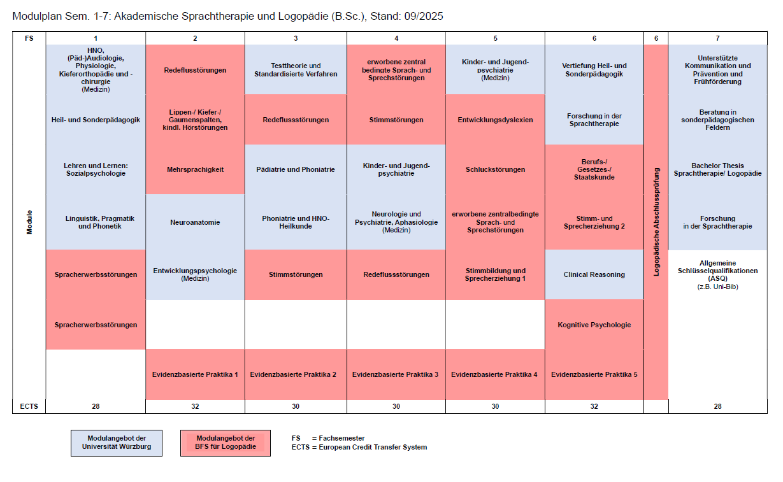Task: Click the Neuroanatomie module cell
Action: pos(195,222)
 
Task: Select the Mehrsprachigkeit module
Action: pos(195,169)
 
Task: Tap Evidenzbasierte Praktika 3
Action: pos(396,374)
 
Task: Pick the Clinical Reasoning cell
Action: pos(594,274)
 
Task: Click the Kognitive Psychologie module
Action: pos(594,325)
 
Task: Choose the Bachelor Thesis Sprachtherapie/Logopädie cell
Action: pos(717,169)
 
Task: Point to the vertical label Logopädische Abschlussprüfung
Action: pos(656,222)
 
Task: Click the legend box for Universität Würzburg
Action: pos(117,443)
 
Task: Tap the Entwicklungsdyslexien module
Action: pos(495,120)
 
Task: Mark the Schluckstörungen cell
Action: pos(495,169)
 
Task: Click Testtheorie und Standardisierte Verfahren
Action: pos(296,69)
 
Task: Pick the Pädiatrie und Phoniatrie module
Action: pos(296,169)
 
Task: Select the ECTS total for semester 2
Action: pos(195,406)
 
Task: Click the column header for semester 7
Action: pos(717,38)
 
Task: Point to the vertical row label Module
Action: pos(29,222)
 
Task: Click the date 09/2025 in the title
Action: pos(422,16)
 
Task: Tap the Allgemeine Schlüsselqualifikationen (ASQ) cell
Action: pos(717,274)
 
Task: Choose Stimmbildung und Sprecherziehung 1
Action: pos(495,274)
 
